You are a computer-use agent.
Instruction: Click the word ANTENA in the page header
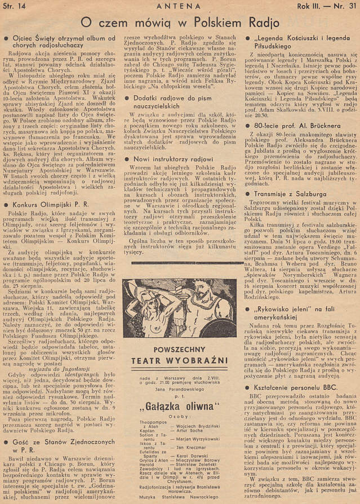click(x=180, y=6)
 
